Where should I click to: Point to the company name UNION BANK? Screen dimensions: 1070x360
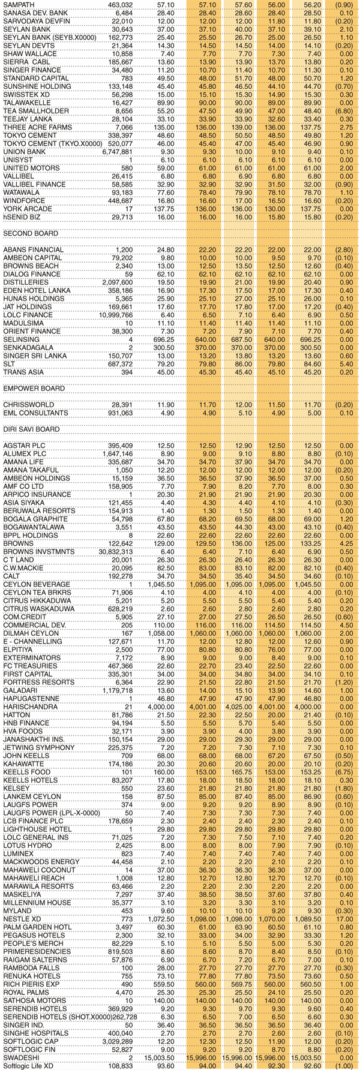click(25, 152)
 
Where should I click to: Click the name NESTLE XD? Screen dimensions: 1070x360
click(23, 918)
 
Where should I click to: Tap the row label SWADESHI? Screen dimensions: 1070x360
click(21, 1057)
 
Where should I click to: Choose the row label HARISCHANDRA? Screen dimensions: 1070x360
click(30, 707)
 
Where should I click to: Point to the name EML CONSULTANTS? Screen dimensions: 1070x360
click(33, 413)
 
